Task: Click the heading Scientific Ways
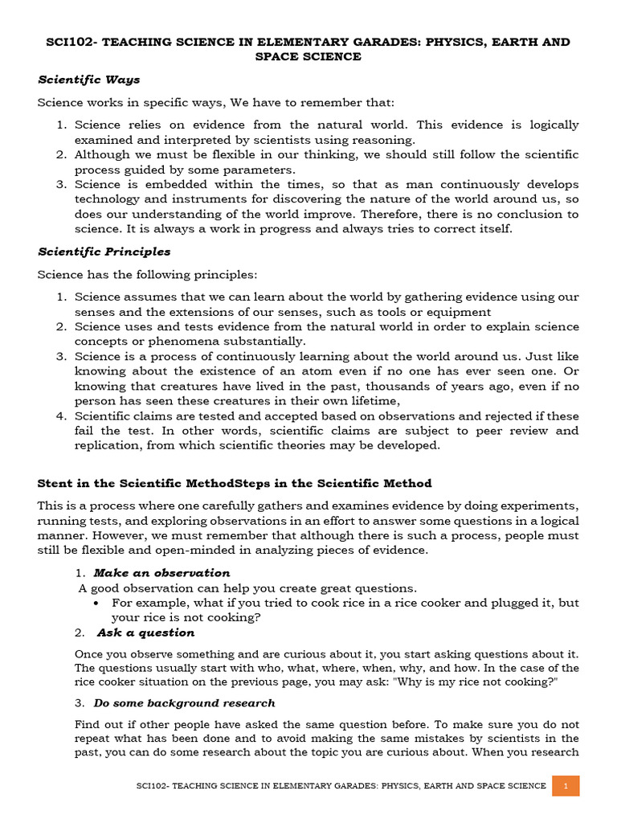(89, 80)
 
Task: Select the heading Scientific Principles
(104, 252)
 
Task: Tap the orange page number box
(566, 785)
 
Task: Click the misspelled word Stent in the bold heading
(55, 483)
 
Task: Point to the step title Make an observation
(161, 573)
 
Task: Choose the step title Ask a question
(145, 633)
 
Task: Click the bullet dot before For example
(96, 603)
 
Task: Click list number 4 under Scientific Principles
(62, 416)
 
